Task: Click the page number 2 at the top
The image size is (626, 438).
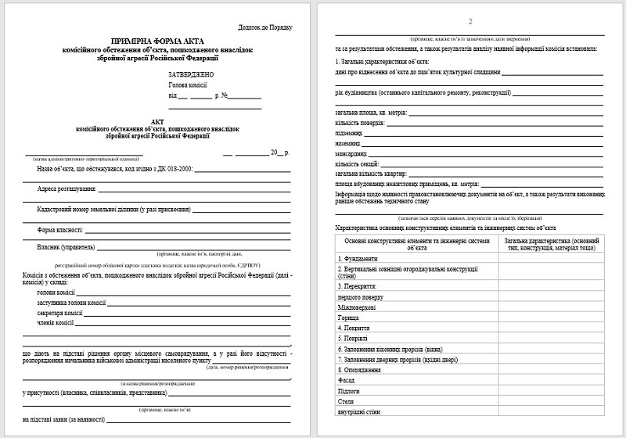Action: tap(469, 22)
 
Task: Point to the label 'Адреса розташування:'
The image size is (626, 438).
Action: tap(67, 189)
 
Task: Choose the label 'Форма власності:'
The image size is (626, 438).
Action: tap(60, 231)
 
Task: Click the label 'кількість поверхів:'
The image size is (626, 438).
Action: tap(360, 124)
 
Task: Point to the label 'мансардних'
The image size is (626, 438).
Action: tap(349, 154)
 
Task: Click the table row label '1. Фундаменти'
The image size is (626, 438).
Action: tap(356, 259)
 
